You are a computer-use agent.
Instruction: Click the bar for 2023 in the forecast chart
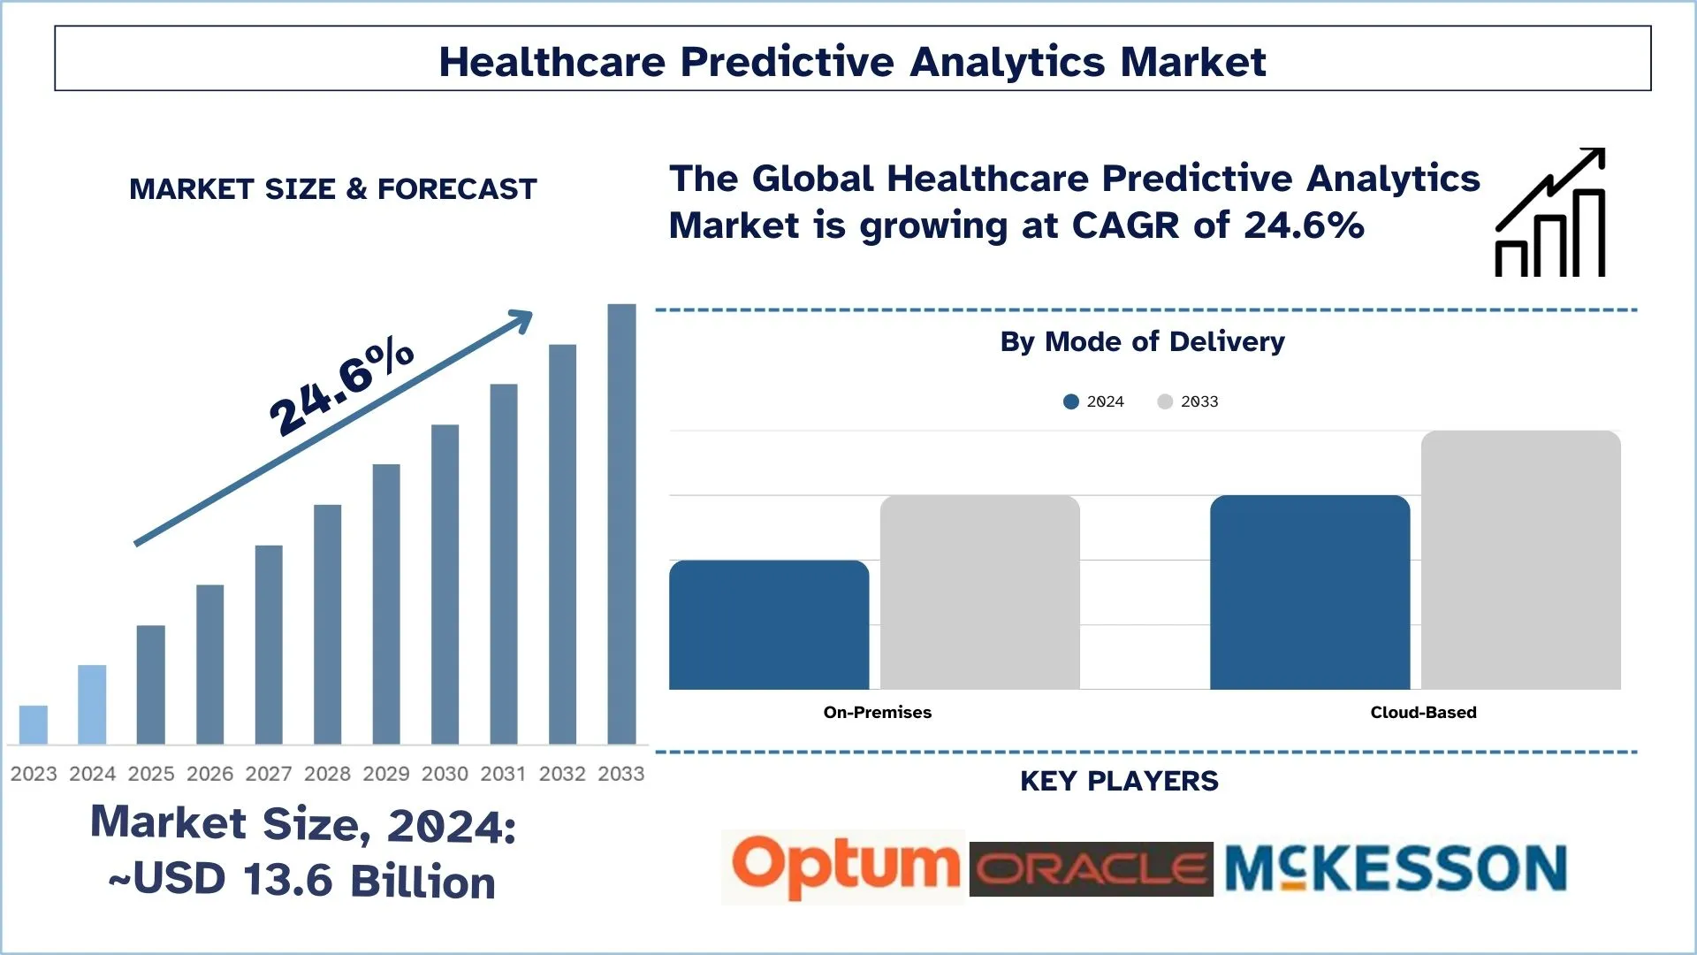[34, 724]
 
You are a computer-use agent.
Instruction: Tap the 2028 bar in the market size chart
[327, 623]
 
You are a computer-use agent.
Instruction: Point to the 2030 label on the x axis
[445, 774]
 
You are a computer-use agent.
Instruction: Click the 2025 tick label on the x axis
[151, 774]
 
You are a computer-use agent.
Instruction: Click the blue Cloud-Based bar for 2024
[1310, 592]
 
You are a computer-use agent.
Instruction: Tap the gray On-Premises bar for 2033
[979, 592]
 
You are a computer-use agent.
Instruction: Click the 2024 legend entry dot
[1071, 401]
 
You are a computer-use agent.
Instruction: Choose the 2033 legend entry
[1188, 401]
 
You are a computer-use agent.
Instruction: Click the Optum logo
[844, 867]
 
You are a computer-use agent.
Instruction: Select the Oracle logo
[1091, 869]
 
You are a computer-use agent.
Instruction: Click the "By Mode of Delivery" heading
[1142, 341]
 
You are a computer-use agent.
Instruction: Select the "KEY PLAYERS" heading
[1119, 781]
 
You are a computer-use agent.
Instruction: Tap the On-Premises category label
[877, 712]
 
